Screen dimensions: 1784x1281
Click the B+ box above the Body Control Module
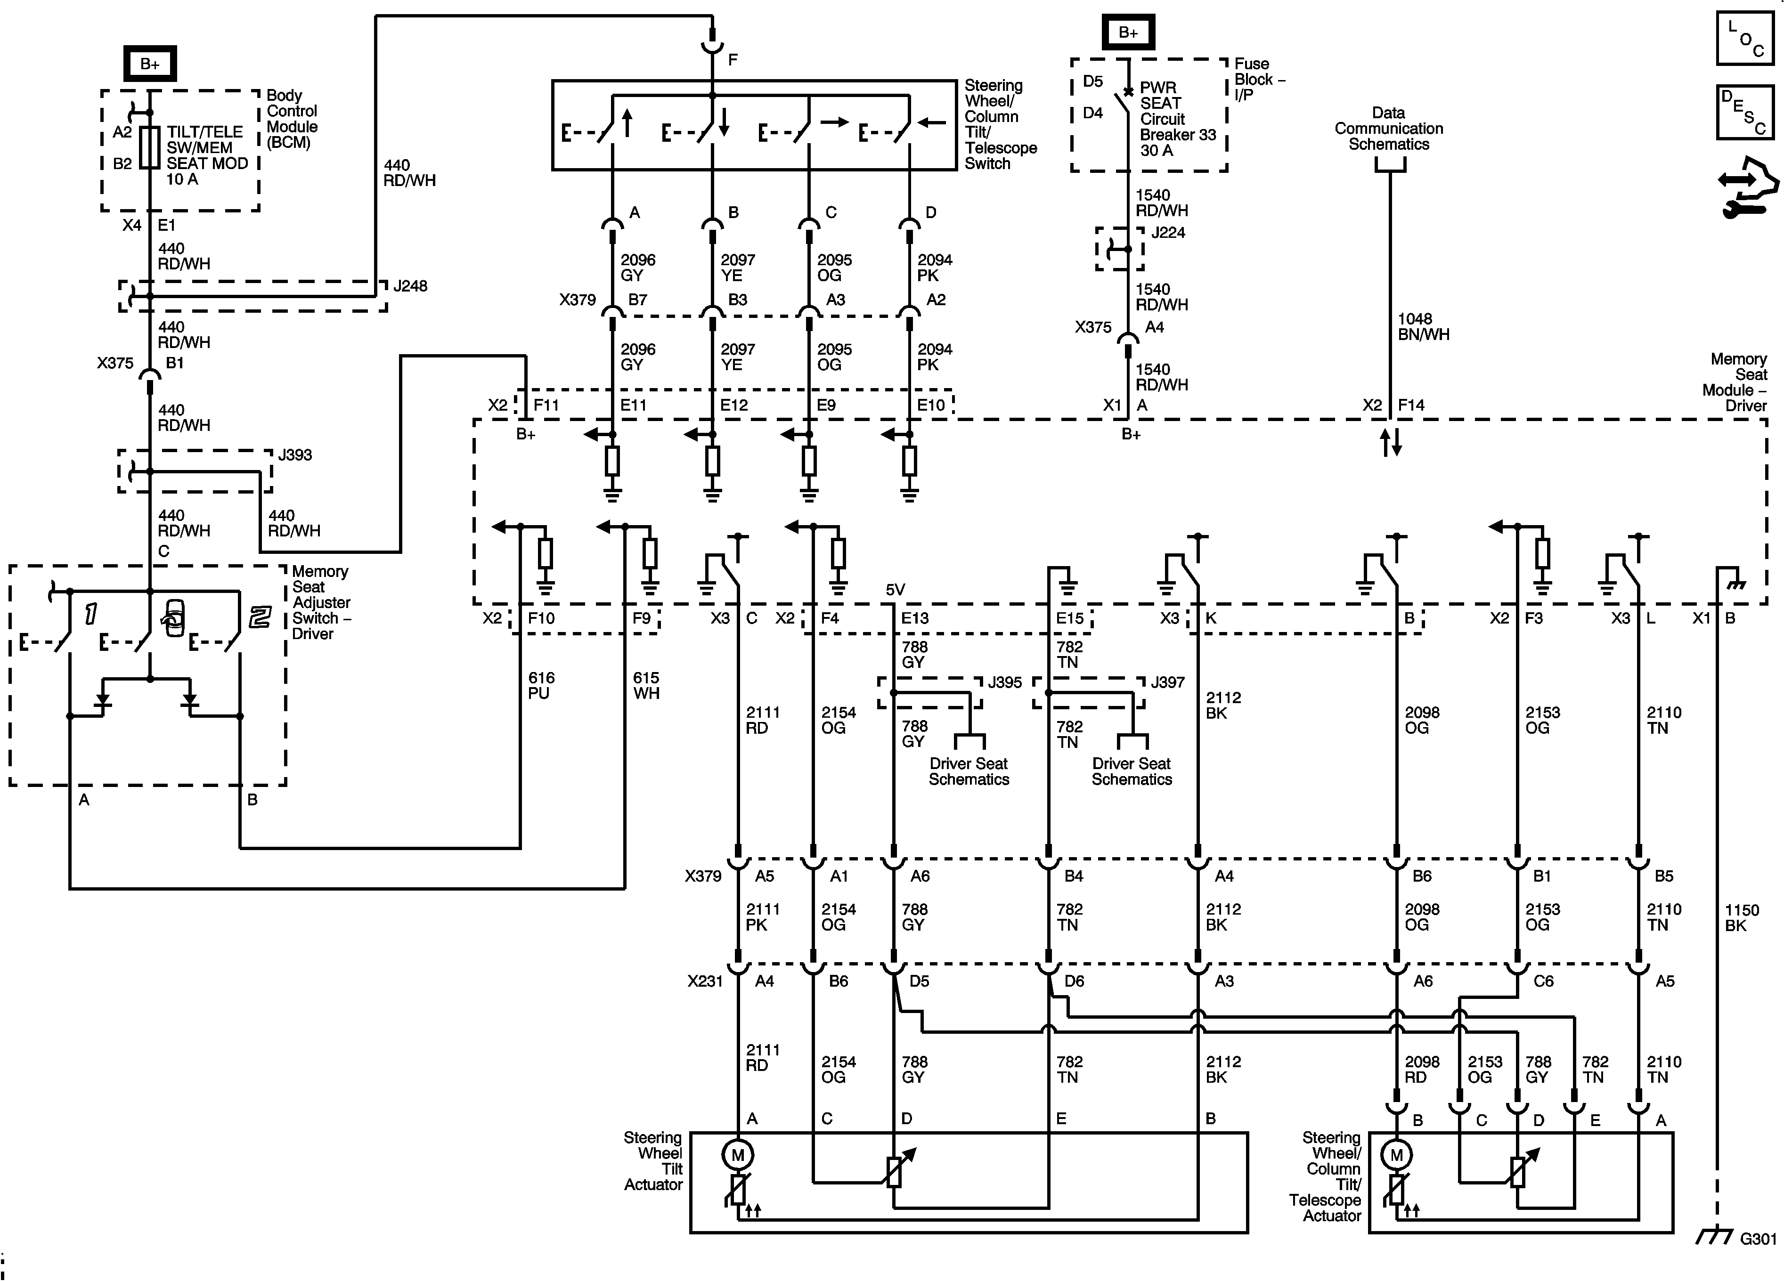149,64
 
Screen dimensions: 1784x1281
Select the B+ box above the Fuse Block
1128,32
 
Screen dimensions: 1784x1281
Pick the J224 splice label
1168,233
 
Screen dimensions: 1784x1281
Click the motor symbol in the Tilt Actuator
738,1155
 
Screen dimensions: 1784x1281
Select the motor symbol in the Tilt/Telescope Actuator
1396,1155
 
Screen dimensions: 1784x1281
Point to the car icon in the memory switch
174,618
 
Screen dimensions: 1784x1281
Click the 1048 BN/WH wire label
1423,326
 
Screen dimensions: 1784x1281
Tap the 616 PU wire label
541,686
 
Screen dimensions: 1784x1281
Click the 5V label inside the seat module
895,590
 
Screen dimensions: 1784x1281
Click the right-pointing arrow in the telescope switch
835,122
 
